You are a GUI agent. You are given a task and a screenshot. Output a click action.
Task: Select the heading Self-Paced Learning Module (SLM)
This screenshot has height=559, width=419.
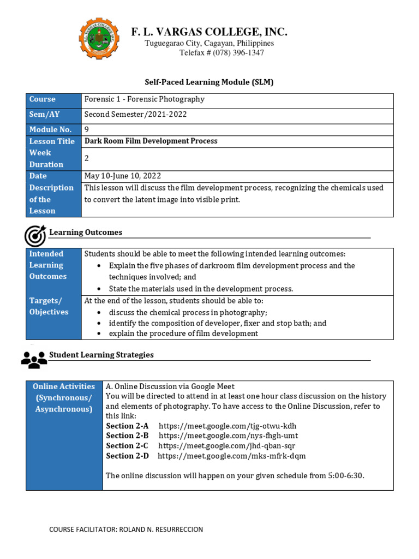point(209,82)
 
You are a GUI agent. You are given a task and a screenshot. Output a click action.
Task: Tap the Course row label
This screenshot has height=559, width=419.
point(43,99)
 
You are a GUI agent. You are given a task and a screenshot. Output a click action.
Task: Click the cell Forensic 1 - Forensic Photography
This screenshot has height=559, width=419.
point(145,99)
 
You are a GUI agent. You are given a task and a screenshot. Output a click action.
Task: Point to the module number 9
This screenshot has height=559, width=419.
point(87,129)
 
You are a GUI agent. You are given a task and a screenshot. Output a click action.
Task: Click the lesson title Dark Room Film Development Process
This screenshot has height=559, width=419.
point(151,141)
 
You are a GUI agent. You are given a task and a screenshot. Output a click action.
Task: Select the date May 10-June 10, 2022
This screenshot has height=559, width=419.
point(123,176)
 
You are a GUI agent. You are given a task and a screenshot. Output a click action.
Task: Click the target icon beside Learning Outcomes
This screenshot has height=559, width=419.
point(35,235)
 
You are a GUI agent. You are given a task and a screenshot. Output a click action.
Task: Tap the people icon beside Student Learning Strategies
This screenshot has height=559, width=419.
point(34,358)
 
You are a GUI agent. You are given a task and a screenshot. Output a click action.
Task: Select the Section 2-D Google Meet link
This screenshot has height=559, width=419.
point(232,456)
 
